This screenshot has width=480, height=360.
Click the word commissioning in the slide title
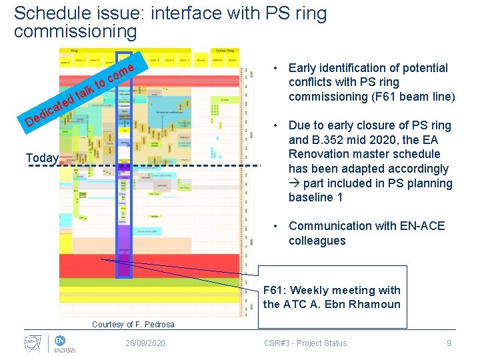pos(75,31)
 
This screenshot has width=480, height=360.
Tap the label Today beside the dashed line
pos(42,158)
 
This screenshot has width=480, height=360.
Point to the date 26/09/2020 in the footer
pos(146,343)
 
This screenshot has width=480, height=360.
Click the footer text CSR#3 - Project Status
pos(305,343)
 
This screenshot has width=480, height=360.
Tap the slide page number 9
pos(449,343)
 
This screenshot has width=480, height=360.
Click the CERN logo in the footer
pos(31,343)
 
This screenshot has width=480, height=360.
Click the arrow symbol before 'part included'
pos(294,183)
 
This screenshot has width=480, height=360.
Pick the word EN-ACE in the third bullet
pos(422,226)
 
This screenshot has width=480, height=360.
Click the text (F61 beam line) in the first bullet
pos(413,97)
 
